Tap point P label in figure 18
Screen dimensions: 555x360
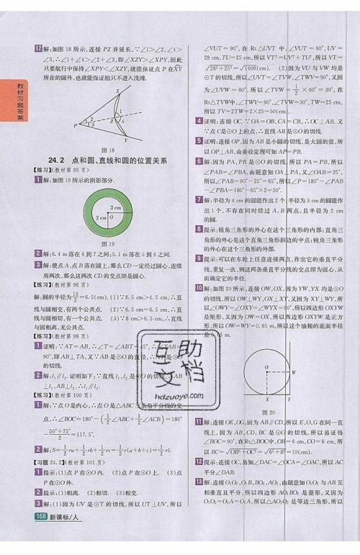tap(73, 125)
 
